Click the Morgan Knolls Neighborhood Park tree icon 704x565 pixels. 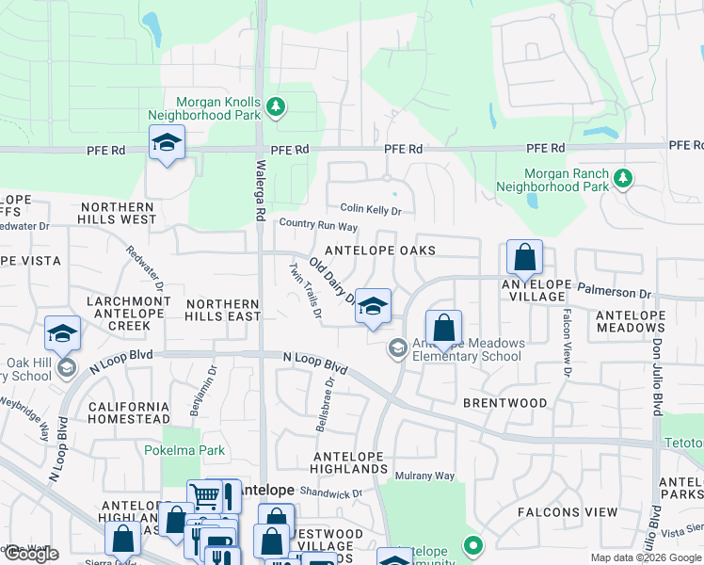(x=276, y=107)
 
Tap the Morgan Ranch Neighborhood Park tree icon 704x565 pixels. (x=622, y=178)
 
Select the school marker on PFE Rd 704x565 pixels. (x=167, y=143)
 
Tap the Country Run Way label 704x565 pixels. (x=319, y=225)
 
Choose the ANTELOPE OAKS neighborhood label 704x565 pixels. (x=380, y=250)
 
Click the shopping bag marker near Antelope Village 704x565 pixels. (x=524, y=257)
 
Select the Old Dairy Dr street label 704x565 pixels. (x=333, y=282)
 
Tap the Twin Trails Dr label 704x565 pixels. (x=306, y=290)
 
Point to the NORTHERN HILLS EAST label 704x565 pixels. (x=223, y=310)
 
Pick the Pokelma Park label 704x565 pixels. (x=184, y=450)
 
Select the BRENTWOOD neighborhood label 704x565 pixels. (x=504, y=403)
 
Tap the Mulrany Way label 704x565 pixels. (x=424, y=476)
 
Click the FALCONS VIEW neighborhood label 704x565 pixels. (x=568, y=512)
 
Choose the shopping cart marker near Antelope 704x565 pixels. (x=204, y=495)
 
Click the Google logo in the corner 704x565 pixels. (x=30, y=554)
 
